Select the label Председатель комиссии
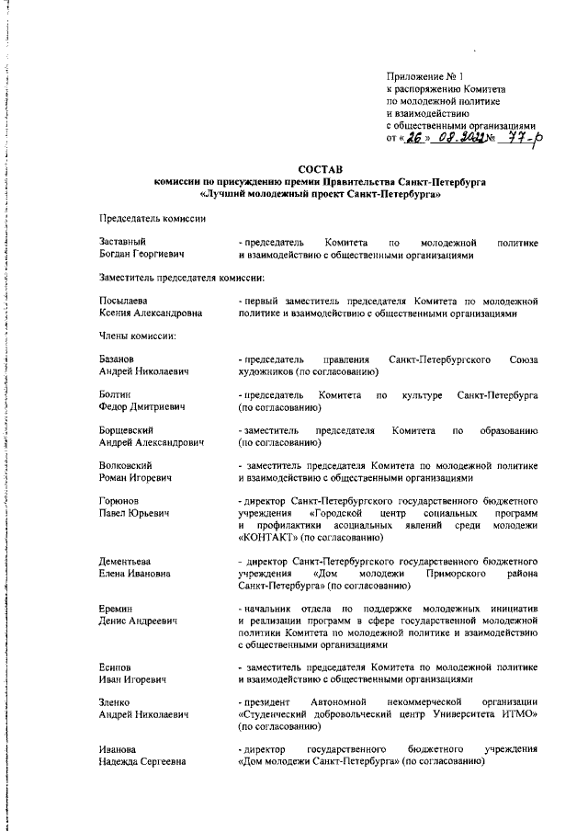pos(152,217)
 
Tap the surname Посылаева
pos(124,301)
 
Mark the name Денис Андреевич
pos(137,622)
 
